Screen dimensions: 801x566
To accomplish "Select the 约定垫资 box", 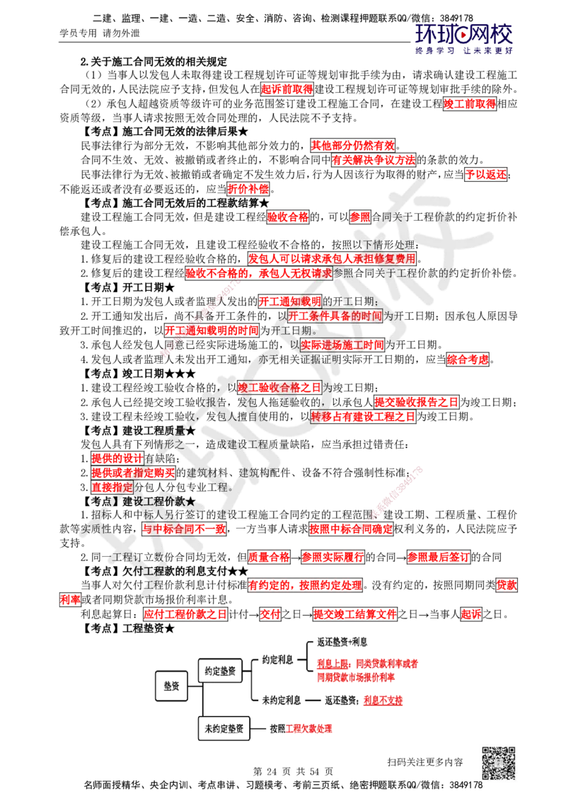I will [x=220, y=669].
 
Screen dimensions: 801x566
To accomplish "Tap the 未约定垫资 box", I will [x=224, y=728].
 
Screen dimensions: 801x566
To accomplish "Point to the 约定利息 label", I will [x=277, y=659].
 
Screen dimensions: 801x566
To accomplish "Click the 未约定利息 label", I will [x=281, y=700].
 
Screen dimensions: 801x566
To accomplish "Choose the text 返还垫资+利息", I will [x=342, y=642].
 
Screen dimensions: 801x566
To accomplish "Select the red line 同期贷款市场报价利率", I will [x=356, y=678].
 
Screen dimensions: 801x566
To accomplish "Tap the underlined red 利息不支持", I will [x=383, y=701].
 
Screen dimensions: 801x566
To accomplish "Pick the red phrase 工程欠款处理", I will [x=309, y=728].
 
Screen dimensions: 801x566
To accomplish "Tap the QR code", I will [x=498, y=763].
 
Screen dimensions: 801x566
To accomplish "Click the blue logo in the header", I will [x=464, y=38].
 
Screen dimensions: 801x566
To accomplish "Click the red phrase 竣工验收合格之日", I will [x=280, y=388].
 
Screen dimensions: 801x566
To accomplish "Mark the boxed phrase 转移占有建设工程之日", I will [x=363, y=416].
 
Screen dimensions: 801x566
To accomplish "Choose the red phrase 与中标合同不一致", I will [x=183, y=529].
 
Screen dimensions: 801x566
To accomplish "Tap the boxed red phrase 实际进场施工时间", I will [x=342, y=345].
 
